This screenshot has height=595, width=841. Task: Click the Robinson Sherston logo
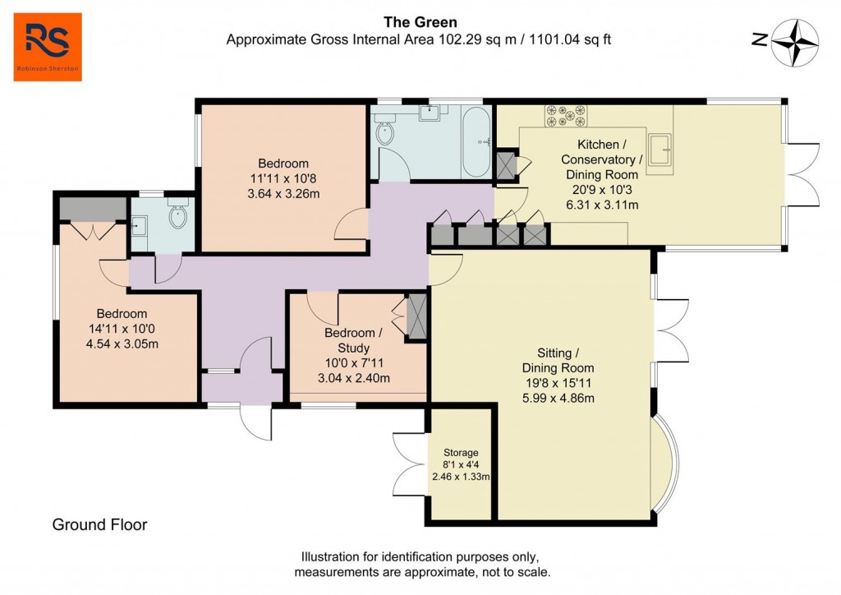tap(48, 47)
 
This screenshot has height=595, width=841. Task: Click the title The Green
tap(420, 22)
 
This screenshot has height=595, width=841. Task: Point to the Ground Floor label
tap(99, 524)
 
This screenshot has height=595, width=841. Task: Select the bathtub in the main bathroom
tap(476, 145)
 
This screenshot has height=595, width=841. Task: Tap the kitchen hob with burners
tap(566, 115)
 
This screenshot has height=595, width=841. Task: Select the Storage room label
tap(461, 452)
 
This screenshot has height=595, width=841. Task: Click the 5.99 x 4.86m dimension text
tap(558, 399)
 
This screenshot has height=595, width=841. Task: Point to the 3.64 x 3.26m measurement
tap(283, 194)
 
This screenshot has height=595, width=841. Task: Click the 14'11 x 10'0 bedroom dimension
tap(122, 329)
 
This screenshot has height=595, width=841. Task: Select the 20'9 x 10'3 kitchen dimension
tap(605, 189)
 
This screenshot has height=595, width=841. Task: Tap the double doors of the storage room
tap(409, 464)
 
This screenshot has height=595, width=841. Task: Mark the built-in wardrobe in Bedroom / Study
tap(416, 316)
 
